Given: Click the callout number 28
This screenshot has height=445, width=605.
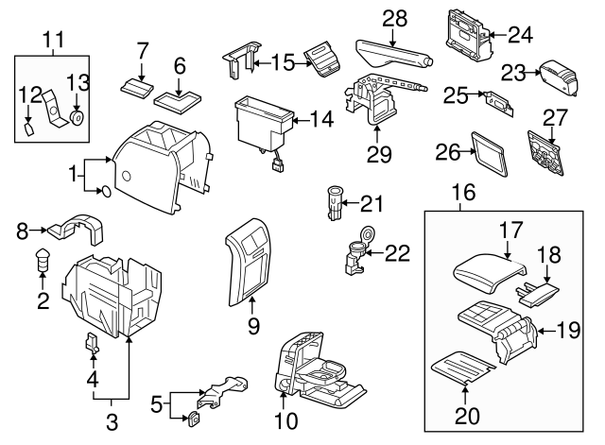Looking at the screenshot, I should coord(394,19).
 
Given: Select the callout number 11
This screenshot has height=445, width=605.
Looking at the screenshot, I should coord(54,39).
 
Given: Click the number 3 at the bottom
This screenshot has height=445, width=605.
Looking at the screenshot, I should coord(111,422).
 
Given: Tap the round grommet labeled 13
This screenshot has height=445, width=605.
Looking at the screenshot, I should coord(77,118).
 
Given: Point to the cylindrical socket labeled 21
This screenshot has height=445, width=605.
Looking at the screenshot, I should coord(332,202).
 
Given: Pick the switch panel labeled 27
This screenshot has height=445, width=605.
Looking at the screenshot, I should coord(544,152).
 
